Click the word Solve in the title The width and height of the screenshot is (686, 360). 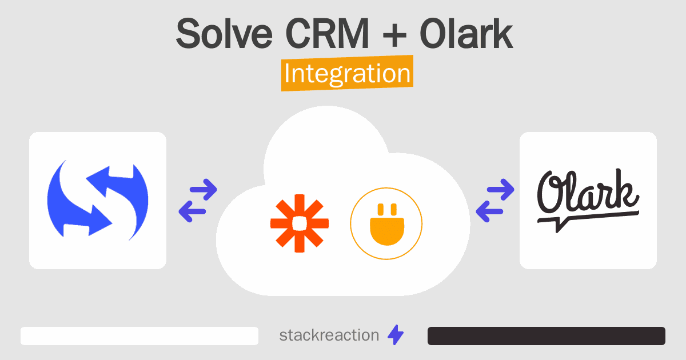(224, 34)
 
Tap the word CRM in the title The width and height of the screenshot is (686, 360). (327, 34)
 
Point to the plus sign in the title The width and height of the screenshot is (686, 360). (394, 35)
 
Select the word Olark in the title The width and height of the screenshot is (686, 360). (466, 34)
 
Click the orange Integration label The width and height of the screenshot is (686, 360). (348, 73)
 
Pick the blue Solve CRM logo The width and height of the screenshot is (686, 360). (98, 201)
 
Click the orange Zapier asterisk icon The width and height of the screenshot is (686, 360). (300, 223)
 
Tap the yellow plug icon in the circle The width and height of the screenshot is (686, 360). (387, 225)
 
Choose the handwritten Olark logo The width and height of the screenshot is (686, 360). (588, 201)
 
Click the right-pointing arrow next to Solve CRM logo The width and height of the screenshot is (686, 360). (204, 190)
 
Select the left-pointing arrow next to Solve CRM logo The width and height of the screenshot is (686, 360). (192, 211)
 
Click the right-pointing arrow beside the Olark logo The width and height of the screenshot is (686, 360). (501, 190)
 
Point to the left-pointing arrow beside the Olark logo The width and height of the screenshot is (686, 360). (489, 211)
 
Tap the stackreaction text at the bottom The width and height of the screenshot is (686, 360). (329, 335)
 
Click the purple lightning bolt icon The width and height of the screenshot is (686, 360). (396, 335)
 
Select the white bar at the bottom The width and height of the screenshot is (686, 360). (139, 336)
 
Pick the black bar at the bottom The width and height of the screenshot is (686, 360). (547, 336)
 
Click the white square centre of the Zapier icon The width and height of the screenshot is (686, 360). (300, 223)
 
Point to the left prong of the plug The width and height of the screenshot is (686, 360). (381, 210)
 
